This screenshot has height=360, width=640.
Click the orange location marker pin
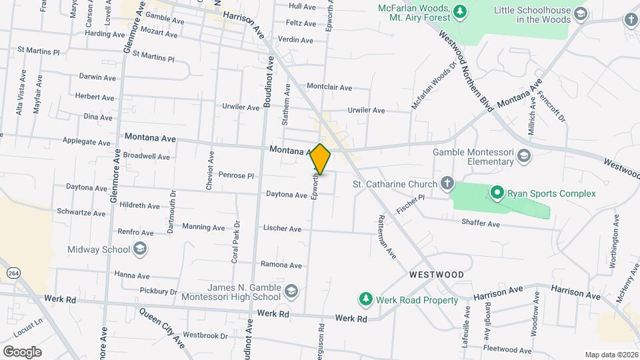pos(321,159)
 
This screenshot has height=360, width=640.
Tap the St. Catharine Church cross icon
pos(447,183)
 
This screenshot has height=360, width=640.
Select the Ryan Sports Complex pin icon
pos(497,193)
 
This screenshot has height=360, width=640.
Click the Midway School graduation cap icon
pos(140,250)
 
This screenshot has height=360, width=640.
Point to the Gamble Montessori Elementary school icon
pos(524,157)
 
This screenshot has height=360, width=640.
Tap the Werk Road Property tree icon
pos(365,299)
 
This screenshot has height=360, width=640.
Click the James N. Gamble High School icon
pos(291,291)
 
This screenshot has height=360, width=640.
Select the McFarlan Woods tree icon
pos(459,11)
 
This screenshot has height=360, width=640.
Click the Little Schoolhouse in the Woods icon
pos(580,14)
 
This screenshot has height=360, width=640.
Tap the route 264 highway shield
pos(13,273)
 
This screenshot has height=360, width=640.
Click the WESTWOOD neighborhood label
pos(437,275)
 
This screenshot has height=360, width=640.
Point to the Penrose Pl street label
pos(237,177)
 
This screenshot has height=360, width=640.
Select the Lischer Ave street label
pos(283,229)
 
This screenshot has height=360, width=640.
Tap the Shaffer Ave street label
pos(481,225)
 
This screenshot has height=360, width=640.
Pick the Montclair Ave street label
pos(329,87)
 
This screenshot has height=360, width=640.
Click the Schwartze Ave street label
pos(81,214)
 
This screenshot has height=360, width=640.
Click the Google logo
pos(22,351)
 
